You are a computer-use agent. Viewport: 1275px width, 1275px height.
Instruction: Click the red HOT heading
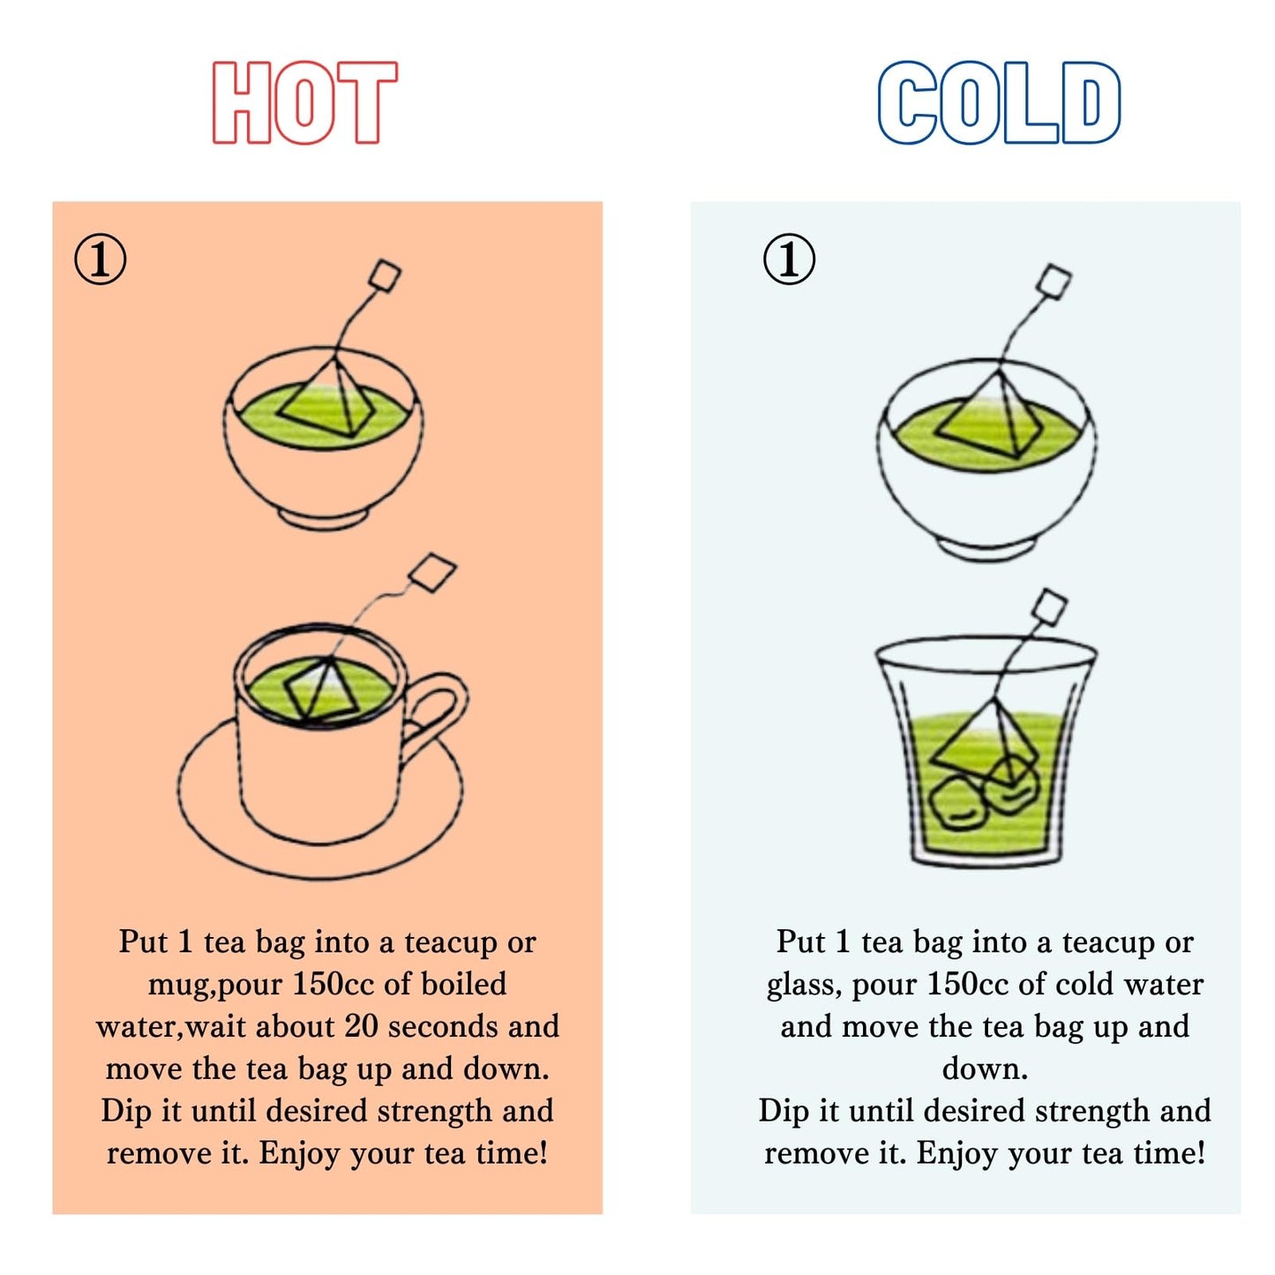(x=304, y=102)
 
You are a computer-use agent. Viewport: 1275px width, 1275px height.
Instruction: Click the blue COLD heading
(x=998, y=102)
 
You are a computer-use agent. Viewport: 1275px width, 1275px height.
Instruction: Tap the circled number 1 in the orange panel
(x=100, y=259)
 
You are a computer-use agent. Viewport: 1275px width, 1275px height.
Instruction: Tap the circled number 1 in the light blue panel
(x=790, y=259)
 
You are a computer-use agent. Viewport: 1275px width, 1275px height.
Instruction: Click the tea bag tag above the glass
(x=1049, y=607)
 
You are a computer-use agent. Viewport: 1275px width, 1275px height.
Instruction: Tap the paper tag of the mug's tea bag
(x=432, y=573)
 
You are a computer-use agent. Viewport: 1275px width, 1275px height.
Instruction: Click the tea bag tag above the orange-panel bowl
(x=385, y=276)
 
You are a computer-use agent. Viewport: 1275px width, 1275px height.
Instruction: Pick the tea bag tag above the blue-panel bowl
(x=1054, y=281)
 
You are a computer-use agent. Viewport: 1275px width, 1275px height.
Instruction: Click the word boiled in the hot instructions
(x=464, y=983)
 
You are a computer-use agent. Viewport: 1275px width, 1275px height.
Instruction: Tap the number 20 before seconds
(x=361, y=1026)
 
